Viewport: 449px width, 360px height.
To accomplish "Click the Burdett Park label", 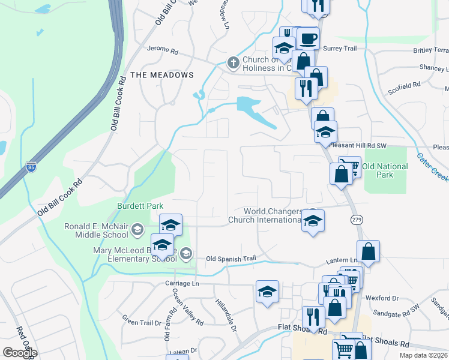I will [x=140, y=206].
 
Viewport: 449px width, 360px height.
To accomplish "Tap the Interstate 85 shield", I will [x=31, y=166].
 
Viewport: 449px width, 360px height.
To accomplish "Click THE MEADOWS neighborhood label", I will [x=162, y=75].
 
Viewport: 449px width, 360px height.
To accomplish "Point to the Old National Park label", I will [x=385, y=170].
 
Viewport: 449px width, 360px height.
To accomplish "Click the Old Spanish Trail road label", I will [x=231, y=259].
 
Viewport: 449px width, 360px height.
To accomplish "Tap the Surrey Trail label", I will [x=340, y=48].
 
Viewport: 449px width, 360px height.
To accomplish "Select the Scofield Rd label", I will [x=404, y=86].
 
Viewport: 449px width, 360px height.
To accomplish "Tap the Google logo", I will [x=20, y=352].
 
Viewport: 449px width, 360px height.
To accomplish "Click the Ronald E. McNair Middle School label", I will [x=97, y=231].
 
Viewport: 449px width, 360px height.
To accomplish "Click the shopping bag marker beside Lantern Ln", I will [x=368, y=252].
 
